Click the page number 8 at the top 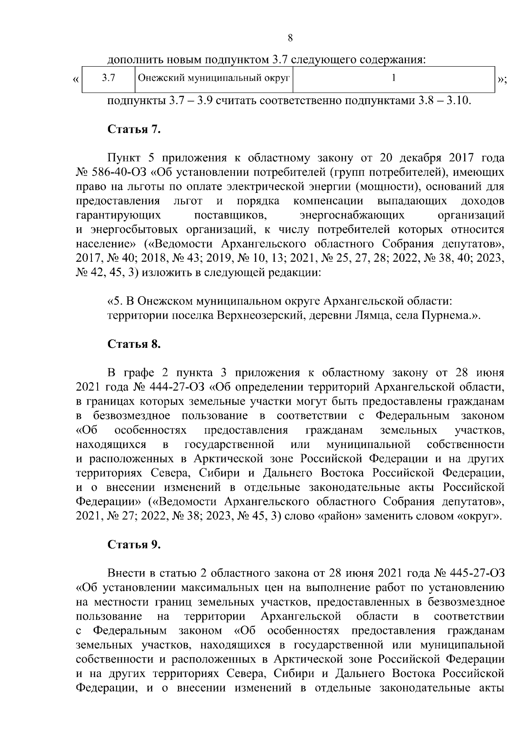[x=290, y=38]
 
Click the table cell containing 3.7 [x=108, y=79]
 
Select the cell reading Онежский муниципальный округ [x=214, y=79]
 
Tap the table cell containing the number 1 [x=393, y=79]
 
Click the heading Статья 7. [x=134, y=130]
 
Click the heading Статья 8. [x=134, y=344]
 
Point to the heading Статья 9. [x=134, y=544]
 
